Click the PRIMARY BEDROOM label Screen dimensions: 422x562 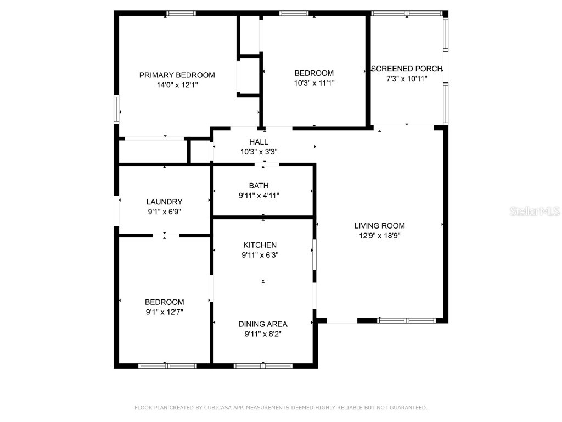coord(177,75)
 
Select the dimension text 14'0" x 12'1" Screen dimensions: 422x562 coord(177,85)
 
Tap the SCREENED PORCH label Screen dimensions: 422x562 coord(407,69)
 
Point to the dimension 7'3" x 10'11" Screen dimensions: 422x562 coord(407,79)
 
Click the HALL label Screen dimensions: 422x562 coord(258,142)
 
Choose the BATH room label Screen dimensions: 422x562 coord(258,186)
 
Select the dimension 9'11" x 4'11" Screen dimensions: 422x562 coord(258,195)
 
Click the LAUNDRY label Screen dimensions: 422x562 coord(164,202)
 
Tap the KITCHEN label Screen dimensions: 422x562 coord(260,245)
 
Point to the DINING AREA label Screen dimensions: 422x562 coord(263,324)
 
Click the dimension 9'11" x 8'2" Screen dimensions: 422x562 coord(263,334)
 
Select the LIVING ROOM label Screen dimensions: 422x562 coord(379,225)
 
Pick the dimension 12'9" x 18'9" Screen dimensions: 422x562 coord(379,235)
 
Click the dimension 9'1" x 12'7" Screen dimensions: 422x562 coord(164,312)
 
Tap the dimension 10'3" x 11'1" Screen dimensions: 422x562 coord(314,83)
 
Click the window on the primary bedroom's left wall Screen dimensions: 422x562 coord(116,108)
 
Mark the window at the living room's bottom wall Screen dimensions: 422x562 coord(407,320)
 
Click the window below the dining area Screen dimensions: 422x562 coord(263,365)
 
